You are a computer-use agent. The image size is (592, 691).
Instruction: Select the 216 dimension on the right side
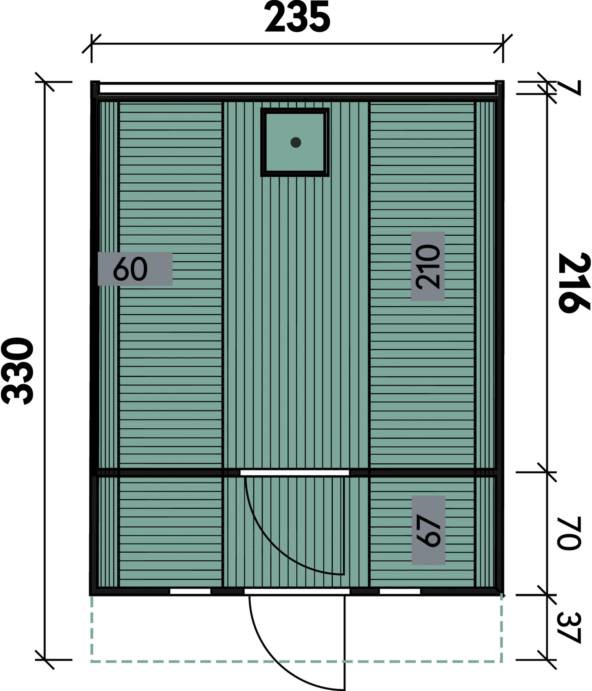click(x=574, y=283)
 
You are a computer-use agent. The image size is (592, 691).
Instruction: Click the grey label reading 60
click(x=135, y=269)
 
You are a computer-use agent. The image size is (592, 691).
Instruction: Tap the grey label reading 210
click(x=428, y=266)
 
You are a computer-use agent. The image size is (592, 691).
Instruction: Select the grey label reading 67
click(x=428, y=530)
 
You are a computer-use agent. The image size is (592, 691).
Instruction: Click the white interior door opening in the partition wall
click(x=295, y=473)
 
